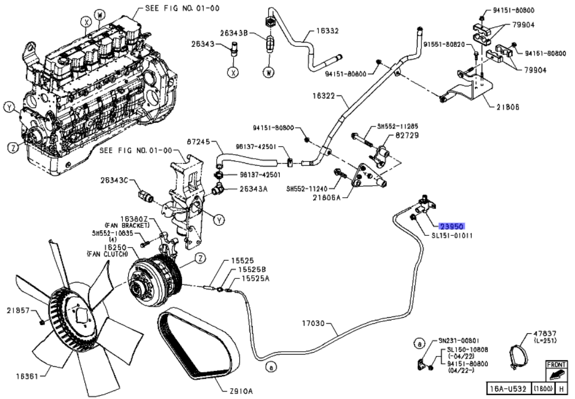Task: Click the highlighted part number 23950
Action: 452,227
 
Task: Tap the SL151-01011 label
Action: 452,235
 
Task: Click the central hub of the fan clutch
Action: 143,281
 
